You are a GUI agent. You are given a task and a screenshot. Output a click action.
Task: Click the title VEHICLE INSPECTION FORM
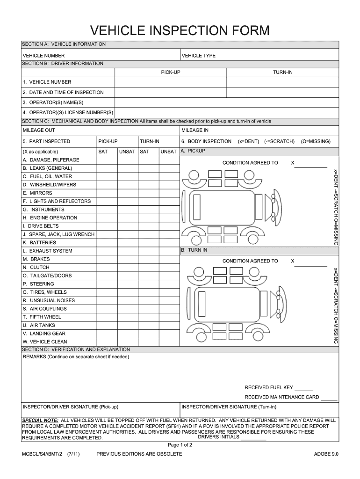[180, 31]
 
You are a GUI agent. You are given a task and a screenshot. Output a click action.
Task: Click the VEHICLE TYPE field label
[198, 56]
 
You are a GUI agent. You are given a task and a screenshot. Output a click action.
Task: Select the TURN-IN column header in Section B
[283, 73]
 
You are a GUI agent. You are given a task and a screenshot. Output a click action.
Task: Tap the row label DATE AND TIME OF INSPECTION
[63, 93]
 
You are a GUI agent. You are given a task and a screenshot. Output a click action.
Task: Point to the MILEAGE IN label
[195, 130]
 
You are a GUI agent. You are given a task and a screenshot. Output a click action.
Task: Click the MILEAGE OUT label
[39, 130]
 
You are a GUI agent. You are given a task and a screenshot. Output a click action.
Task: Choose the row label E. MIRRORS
[37, 193]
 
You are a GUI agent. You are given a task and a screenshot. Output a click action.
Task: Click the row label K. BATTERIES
[39, 243]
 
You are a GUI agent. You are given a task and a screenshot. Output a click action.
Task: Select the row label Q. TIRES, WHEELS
[44, 292]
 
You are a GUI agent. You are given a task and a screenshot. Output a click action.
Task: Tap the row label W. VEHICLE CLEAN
[45, 342]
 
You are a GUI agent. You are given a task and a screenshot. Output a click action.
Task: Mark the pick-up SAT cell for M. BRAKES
[106, 259]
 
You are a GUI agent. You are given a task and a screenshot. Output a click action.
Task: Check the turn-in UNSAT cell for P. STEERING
[169, 284]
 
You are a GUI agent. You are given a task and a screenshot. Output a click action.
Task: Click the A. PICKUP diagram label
[193, 151]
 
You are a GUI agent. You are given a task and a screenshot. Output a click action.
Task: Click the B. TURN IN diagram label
[194, 250]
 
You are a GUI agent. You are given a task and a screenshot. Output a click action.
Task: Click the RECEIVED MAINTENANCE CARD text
[281, 397]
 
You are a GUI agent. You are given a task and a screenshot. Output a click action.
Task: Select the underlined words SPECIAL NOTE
[40, 420]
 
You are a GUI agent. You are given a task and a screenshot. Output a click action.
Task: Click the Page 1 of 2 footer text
[180, 445]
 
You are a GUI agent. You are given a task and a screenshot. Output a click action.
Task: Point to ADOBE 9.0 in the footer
[326, 454]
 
